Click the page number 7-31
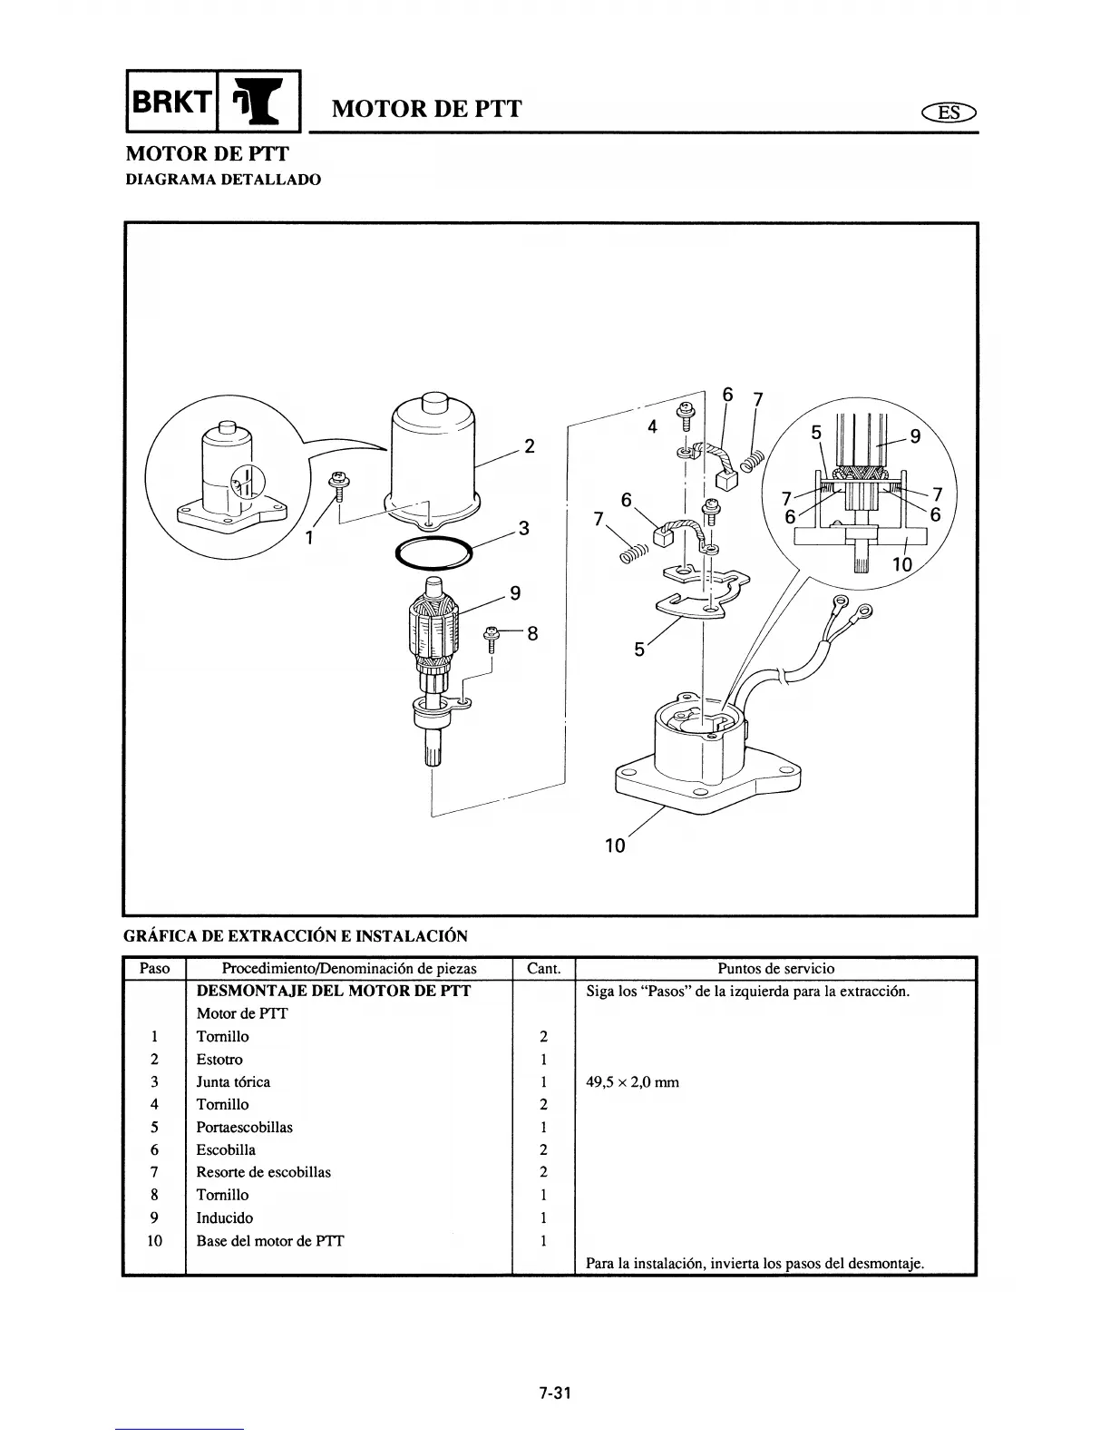tap(555, 1394)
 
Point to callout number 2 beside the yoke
tap(530, 446)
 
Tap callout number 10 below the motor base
tap(615, 846)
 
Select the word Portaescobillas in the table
tap(244, 1127)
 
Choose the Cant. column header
tap(543, 968)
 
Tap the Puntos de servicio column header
tap(775, 968)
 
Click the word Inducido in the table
tap(224, 1217)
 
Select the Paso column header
tap(154, 968)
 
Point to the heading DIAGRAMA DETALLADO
tap(222, 180)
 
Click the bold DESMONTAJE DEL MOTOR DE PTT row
tap(334, 991)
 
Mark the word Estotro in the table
tap(219, 1059)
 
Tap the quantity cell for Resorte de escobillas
tap(543, 1172)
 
